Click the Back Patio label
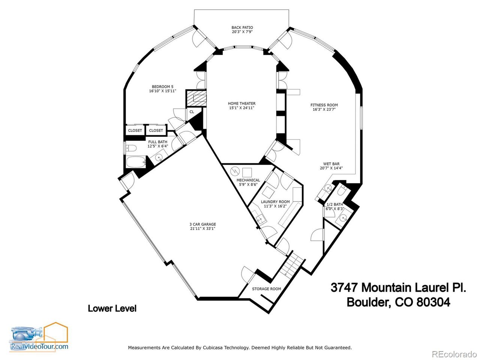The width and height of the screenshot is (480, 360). click(242, 30)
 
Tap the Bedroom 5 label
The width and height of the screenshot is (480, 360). click(162, 88)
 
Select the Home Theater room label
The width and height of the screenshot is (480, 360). click(242, 106)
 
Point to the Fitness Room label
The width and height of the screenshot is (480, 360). click(324, 107)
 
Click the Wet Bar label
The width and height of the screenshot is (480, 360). click(331, 166)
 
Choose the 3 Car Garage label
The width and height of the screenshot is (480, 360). click(202, 226)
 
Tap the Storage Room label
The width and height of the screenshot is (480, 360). click(266, 289)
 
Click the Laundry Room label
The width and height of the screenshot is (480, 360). click(275, 204)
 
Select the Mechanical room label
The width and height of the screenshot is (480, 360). click(248, 182)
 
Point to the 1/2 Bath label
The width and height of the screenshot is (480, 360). click(334, 206)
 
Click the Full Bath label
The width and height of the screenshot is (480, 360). click(157, 144)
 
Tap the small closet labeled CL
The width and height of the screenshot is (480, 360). click(192, 112)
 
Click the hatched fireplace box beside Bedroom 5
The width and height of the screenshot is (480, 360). click(196, 99)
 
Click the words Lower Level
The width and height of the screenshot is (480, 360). click(112, 309)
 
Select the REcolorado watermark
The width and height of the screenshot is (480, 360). click(454, 354)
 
